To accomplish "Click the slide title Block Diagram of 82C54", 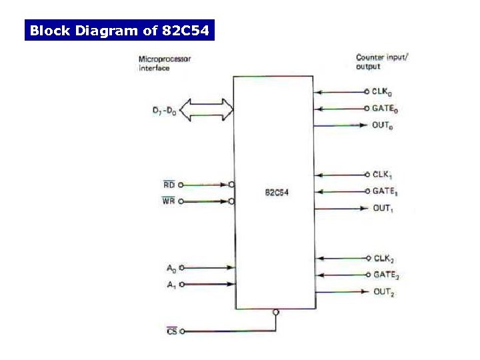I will (x=120, y=31).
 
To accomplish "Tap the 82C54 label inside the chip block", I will (x=276, y=193).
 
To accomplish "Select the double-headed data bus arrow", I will (x=207, y=110).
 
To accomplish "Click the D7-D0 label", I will (x=164, y=112).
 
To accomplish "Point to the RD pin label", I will (x=169, y=185).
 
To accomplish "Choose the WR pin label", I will (x=169, y=201).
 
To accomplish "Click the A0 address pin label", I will (x=171, y=269).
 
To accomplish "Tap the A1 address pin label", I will (x=171, y=285).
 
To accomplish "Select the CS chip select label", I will (x=172, y=331).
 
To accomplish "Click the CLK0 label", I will (x=382, y=92).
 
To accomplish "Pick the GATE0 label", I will (x=385, y=109).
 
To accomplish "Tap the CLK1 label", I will (x=382, y=175).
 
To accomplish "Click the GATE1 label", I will (x=385, y=192).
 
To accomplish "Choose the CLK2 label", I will (x=383, y=259).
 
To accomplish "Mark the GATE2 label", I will (x=386, y=275).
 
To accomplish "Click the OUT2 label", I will (x=383, y=292).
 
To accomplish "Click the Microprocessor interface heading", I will (x=164, y=63).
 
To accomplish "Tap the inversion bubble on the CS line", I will (x=276, y=312).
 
